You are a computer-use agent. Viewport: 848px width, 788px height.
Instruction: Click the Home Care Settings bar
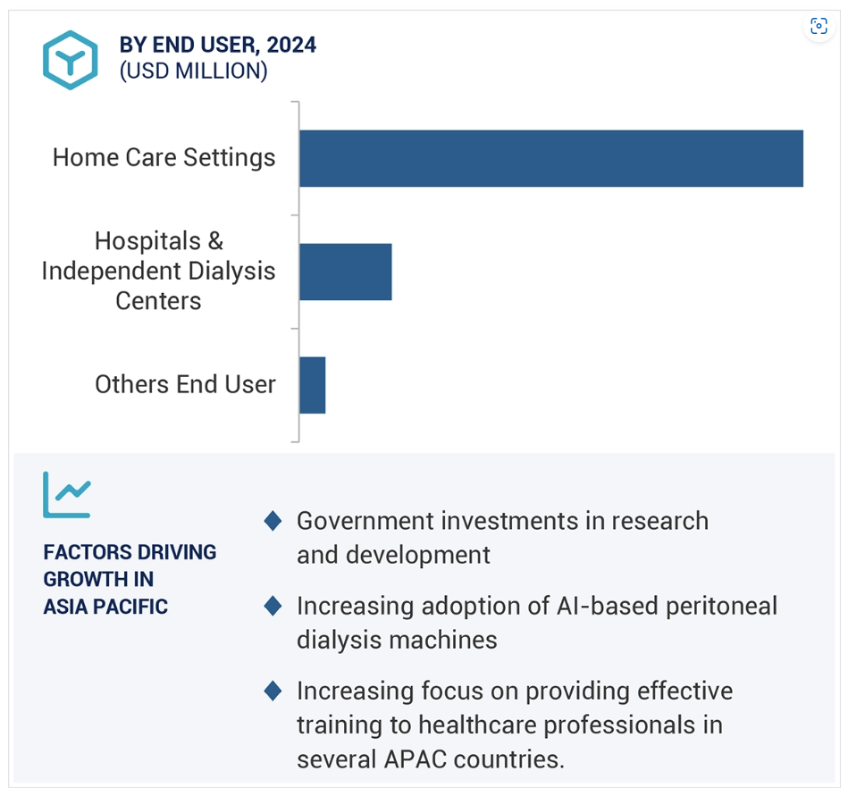(551, 158)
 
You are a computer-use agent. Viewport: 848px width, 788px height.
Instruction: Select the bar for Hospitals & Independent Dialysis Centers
(346, 272)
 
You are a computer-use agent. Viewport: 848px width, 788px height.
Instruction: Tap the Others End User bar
(313, 385)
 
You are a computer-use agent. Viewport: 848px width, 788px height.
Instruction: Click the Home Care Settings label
(164, 158)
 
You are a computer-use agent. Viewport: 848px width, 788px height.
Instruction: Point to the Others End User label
(186, 384)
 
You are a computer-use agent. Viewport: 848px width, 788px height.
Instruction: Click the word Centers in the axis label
(158, 301)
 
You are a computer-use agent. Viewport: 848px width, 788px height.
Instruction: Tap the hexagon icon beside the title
(71, 60)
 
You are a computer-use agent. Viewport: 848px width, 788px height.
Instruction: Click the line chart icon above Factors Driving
(67, 495)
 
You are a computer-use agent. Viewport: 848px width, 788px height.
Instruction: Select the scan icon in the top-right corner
(819, 26)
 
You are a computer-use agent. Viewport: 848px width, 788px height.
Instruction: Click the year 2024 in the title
(291, 45)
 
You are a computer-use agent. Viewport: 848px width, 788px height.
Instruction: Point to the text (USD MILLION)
(194, 71)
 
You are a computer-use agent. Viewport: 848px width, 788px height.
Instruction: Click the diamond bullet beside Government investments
(273, 521)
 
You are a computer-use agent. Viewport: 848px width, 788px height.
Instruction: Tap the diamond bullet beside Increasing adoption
(273, 606)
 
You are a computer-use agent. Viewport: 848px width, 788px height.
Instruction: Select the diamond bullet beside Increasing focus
(273, 691)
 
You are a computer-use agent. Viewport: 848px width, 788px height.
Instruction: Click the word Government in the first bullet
(365, 522)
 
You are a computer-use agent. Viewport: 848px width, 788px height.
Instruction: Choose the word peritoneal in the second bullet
(721, 607)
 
